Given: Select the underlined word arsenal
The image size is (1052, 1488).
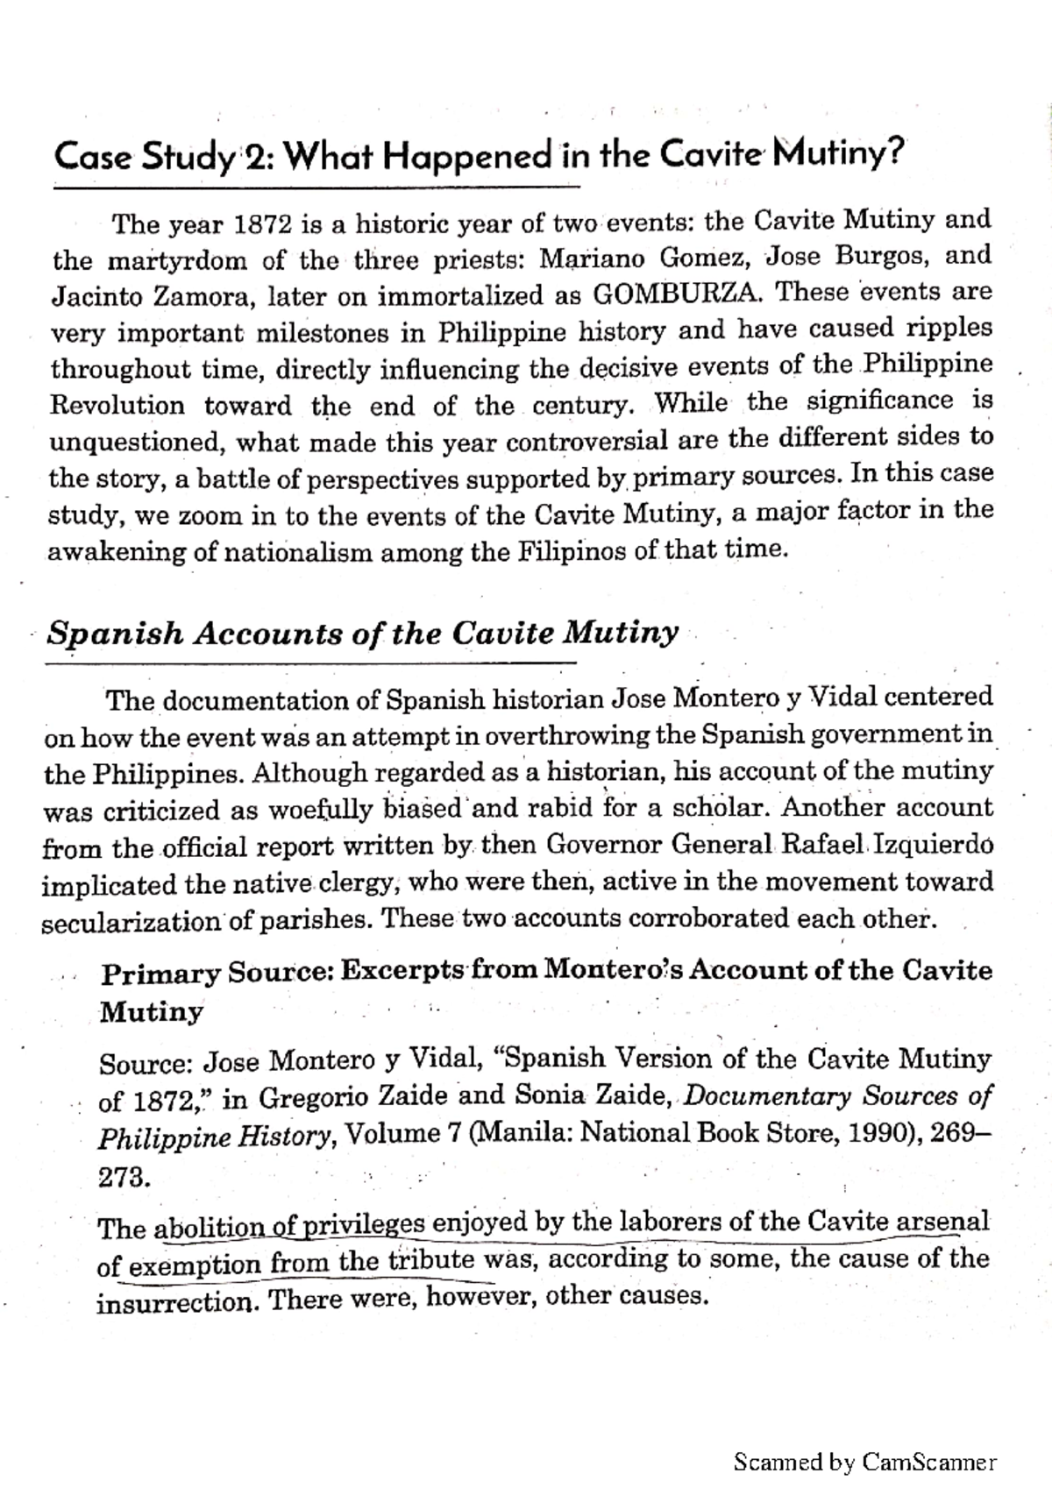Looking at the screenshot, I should point(942,1221).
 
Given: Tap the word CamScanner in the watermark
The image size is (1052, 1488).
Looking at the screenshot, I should point(930,1462).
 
